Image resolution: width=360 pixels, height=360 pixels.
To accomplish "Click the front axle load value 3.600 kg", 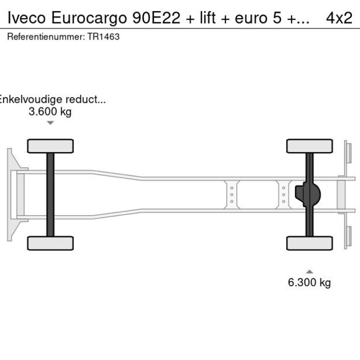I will (x=50, y=111).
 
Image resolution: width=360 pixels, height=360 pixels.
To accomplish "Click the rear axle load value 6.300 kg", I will (x=309, y=283).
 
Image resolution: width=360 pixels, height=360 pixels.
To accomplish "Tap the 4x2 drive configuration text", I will (x=339, y=18).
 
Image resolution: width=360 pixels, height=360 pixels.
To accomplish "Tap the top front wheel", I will (x=51, y=146).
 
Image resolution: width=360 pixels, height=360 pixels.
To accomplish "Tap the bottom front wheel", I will (x=51, y=243).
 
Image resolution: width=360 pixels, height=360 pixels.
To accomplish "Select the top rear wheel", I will (x=309, y=146).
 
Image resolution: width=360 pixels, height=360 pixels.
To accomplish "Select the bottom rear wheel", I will (x=309, y=243).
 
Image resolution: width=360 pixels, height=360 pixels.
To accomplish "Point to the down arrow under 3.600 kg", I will (x=51, y=123).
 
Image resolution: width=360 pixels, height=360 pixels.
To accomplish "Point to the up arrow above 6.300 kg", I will (x=309, y=271).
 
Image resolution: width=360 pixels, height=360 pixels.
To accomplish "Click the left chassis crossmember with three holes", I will (x=232, y=195).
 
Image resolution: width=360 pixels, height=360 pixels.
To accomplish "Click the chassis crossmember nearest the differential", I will (x=284, y=195).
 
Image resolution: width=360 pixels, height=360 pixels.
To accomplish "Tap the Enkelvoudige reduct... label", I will (x=52, y=99).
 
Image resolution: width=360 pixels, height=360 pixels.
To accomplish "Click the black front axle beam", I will (x=51, y=195).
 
